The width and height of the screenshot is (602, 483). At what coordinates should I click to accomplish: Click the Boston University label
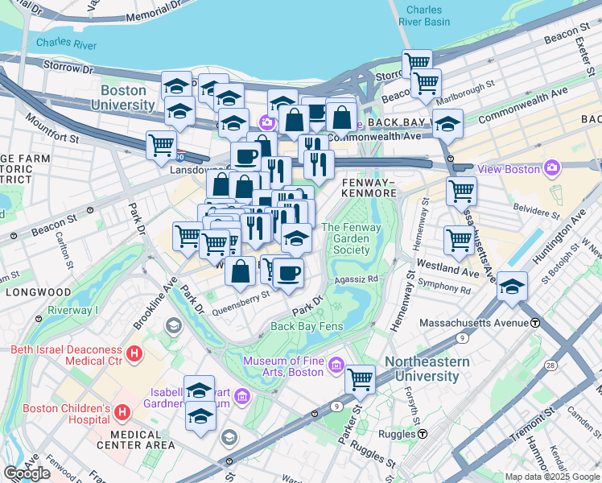click(x=122, y=98)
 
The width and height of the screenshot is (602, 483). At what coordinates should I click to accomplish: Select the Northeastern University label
click(x=427, y=369)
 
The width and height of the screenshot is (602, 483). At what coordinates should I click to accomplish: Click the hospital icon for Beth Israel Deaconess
click(x=134, y=353)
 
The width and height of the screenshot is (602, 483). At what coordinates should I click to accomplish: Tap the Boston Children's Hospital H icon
click(x=122, y=413)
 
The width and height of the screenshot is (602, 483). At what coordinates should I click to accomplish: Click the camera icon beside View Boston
click(x=552, y=168)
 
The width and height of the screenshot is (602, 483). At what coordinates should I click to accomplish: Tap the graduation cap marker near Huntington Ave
click(x=512, y=287)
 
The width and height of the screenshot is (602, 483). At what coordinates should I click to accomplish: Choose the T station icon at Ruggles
click(x=423, y=434)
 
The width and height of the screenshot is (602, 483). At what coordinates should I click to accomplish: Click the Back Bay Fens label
click(x=307, y=326)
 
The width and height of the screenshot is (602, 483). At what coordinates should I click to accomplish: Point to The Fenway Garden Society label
click(x=352, y=238)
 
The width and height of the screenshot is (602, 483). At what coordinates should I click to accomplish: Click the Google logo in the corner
click(x=27, y=473)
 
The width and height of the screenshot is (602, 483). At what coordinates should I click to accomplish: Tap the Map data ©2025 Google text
click(x=552, y=477)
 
